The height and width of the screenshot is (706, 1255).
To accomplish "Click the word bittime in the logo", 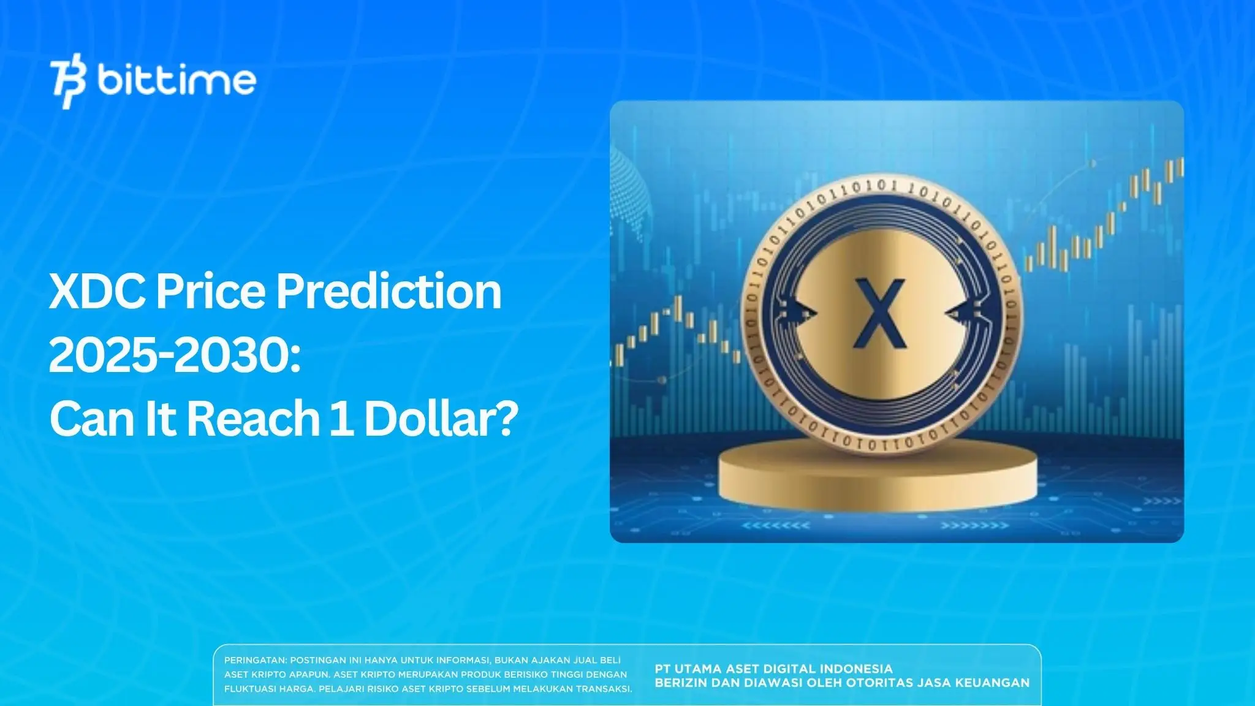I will [176, 80].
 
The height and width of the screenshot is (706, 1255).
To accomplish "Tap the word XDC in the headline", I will [97, 292].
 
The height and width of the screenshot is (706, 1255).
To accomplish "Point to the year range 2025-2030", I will [174, 356].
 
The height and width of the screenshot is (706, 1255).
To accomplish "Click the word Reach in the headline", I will [252, 419].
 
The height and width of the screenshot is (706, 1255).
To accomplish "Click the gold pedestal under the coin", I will [878, 479].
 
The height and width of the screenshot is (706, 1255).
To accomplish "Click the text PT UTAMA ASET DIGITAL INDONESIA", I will [773, 669].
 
